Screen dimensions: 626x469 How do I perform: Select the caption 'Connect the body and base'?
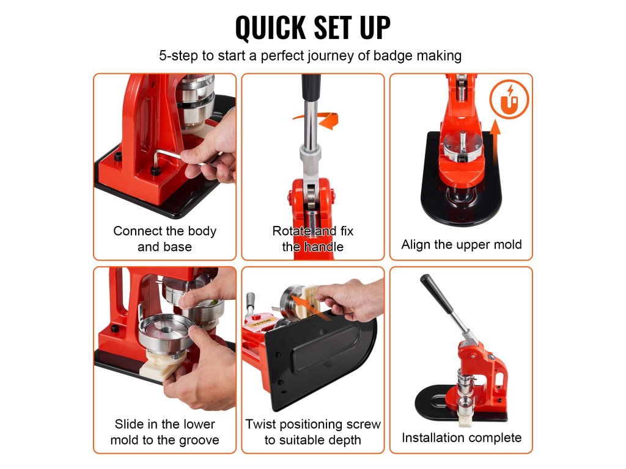tap(164, 239)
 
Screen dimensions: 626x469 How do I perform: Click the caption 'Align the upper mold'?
tap(461, 244)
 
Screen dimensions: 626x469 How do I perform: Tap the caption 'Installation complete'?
tap(462, 437)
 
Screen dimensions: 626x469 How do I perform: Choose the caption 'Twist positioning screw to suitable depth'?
tap(312, 432)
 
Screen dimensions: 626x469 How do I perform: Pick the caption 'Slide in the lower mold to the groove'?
tap(164, 432)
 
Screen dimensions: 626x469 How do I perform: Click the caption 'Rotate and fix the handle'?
tap(312, 239)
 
